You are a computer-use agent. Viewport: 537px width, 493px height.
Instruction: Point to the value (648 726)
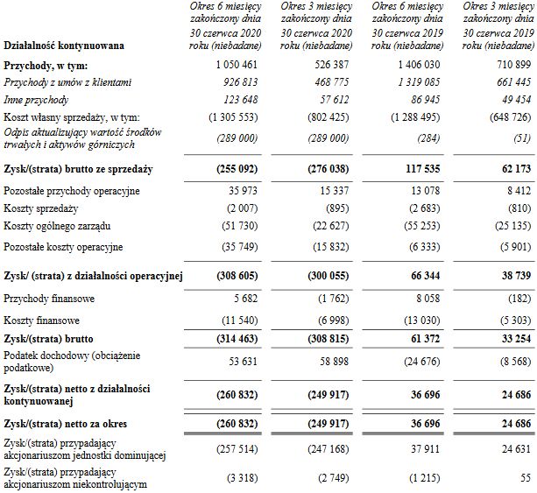tap(504, 116)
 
